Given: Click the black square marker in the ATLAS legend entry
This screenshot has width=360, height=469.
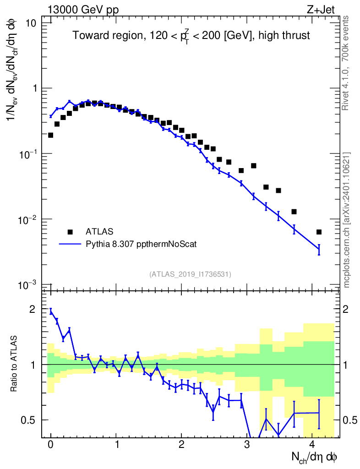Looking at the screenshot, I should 70,231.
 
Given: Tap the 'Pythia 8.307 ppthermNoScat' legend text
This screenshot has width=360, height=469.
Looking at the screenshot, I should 142,244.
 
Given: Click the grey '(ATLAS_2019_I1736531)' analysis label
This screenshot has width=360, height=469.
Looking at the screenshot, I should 190,274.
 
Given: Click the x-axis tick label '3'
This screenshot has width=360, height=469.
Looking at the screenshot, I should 247,445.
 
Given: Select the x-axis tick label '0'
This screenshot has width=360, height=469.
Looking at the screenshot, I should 50,445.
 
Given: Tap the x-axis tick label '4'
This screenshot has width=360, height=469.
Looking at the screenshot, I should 312,445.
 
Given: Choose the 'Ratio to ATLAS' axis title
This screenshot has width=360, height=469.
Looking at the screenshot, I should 15,365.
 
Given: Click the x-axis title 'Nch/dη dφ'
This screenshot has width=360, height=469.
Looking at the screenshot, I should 315,457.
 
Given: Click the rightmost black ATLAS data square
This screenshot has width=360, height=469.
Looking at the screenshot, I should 319,232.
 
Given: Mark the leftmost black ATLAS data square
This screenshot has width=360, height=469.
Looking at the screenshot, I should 50,135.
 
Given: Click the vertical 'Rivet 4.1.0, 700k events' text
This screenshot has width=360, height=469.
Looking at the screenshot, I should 347,62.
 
